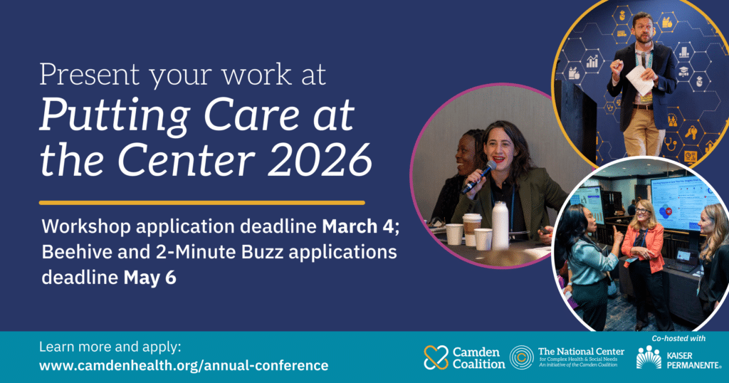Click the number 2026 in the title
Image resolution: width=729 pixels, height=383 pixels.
(x=320, y=160)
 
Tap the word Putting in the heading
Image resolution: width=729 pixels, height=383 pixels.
(x=115, y=115)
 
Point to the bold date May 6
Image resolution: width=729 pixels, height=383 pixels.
(x=150, y=278)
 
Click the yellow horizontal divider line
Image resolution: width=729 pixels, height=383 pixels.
(x=201, y=203)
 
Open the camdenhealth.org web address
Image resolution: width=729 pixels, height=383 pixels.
(x=184, y=365)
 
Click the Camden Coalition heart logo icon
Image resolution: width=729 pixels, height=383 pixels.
(x=436, y=357)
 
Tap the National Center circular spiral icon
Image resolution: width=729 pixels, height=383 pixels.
(x=522, y=357)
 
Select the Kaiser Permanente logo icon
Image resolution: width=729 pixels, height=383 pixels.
(x=649, y=357)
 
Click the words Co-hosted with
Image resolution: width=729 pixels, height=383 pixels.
(x=678, y=338)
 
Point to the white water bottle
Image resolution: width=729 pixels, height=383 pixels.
(x=500, y=226)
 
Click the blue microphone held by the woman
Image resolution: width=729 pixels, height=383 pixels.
(x=479, y=177)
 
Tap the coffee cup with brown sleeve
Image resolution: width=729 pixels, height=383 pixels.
(x=471, y=229)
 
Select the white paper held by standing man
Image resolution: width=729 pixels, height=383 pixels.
(x=639, y=80)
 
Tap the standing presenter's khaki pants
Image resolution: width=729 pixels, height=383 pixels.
(x=642, y=132)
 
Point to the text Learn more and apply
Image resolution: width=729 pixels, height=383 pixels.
(x=110, y=347)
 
